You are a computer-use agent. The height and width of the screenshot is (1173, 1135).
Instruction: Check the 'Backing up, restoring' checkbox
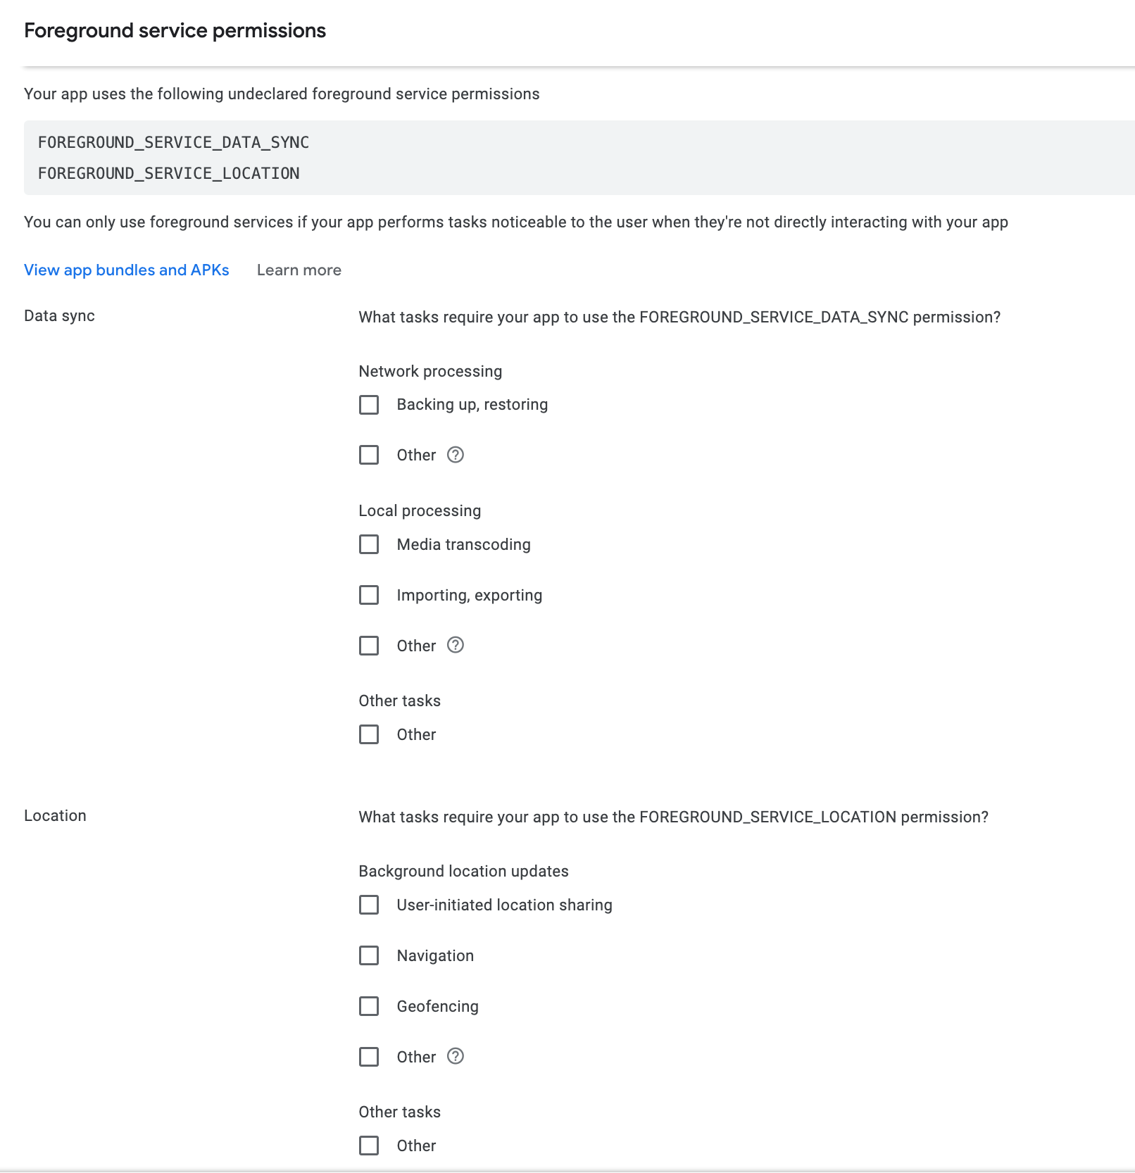(x=369, y=405)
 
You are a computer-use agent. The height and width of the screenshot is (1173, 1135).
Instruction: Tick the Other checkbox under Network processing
(x=369, y=455)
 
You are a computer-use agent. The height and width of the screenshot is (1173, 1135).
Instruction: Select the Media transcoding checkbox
(x=369, y=544)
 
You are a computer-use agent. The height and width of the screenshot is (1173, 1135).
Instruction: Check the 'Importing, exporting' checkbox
(x=369, y=595)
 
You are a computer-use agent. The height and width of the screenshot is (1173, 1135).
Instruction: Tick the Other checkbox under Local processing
(x=369, y=646)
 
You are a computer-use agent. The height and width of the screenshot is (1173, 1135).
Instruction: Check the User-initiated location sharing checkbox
(x=369, y=905)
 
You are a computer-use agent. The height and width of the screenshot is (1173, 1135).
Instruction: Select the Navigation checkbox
(x=369, y=955)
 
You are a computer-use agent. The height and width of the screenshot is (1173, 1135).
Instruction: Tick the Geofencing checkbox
(x=369, y=1006)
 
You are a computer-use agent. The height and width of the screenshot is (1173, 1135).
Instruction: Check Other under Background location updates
(x=369, y=1057)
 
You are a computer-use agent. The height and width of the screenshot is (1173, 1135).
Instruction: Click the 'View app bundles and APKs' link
(x=127, y=270)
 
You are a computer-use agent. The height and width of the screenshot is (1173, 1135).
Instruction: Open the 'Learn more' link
(x=299, y=270)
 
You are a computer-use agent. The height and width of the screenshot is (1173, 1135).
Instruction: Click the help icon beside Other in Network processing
(x=456, y=455)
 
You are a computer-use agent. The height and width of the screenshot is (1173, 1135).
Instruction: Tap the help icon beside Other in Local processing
(x=456, y=645)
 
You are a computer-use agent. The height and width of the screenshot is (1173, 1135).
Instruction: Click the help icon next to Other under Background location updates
(x=456, y=1056)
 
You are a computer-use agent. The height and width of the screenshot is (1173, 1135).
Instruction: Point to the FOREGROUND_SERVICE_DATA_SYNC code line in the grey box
(x=173, y=142)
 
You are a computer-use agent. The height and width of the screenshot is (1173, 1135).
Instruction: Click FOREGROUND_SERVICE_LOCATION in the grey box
(x=169, y=173)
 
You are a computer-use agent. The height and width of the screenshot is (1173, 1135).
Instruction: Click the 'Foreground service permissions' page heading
(x=175, y=31)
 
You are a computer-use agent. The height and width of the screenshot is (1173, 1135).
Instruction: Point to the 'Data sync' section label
(x=59, y=316)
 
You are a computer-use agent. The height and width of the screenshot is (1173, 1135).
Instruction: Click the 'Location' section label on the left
(x=55, y=816)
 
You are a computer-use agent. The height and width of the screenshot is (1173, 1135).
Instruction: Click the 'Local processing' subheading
(x=420, y=511)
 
